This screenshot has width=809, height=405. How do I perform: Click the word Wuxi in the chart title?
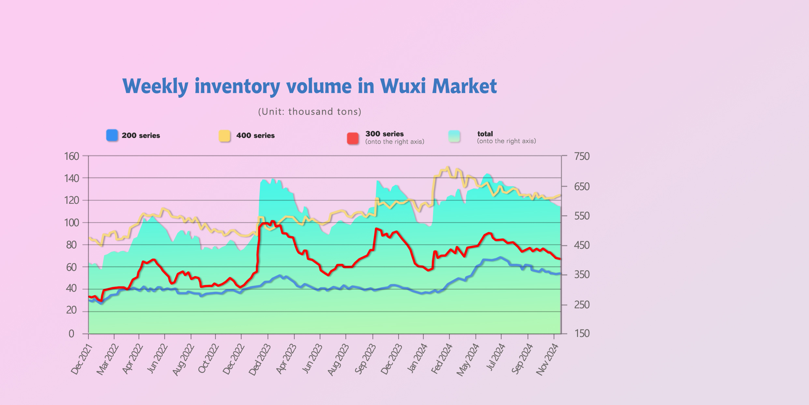coord(403,86)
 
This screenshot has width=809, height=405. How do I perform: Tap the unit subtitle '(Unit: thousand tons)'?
coord(310,112)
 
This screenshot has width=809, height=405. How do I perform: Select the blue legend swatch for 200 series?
coord(112,135)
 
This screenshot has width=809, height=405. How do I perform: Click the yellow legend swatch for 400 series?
coord(224,136)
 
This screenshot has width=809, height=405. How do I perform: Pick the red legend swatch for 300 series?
coord(353,138)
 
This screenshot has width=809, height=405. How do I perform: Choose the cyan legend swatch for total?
coord(454,136)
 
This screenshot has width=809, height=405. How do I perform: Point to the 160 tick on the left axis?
coord(72,156)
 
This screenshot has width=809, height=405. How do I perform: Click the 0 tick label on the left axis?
coord(71,334)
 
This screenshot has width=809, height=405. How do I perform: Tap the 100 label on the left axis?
coord(72,223)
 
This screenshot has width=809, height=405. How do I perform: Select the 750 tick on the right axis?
coord(582,156)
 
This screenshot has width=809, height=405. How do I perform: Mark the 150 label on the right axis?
coord(582,333)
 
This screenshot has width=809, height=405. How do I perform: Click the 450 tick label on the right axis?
coord(582,245)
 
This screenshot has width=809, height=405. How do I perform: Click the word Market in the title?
coord(464,86)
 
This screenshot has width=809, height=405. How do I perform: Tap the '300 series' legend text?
coord(384,134)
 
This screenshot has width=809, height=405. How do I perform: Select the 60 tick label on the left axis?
coord(72,267)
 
